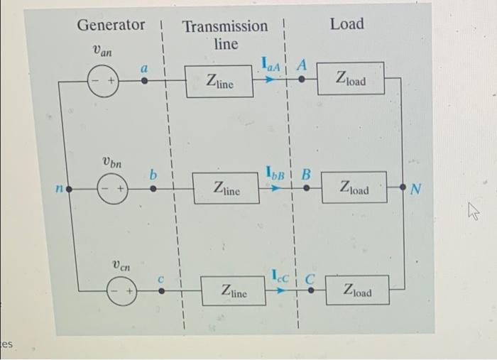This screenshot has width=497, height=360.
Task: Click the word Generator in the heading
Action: pos(110,25)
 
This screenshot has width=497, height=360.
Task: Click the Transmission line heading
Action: pos(225,35)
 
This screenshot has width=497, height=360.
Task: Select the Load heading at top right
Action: pos(346,24)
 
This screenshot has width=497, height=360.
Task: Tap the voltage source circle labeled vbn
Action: pos(111,190)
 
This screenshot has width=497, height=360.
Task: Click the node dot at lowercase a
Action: pos(143,81)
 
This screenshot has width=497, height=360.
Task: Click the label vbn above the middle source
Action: pos(109,164)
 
